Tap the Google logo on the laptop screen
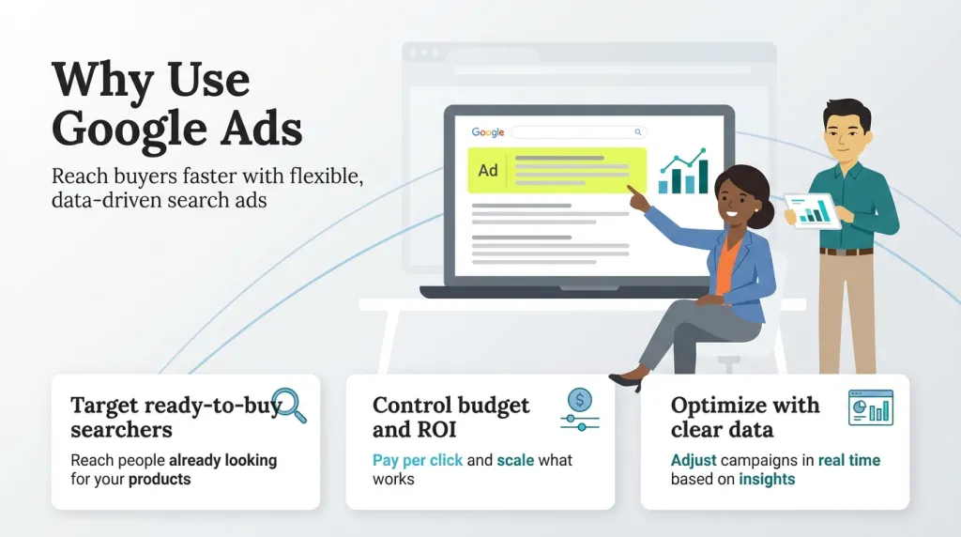click(x=488, y=132)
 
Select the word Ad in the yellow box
click(x=488, y=171)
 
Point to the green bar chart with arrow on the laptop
click(x=683, y=171)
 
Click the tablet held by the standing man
click(x=812, y=209)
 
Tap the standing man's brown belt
click(x=846, y=251)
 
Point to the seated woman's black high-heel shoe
click(x=627, y=380)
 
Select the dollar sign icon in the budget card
click(x=580, y=401)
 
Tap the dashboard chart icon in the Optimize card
click(x=870, y=407)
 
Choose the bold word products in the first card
click(x=160, y=480)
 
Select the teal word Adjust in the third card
click(x=694, y=460)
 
